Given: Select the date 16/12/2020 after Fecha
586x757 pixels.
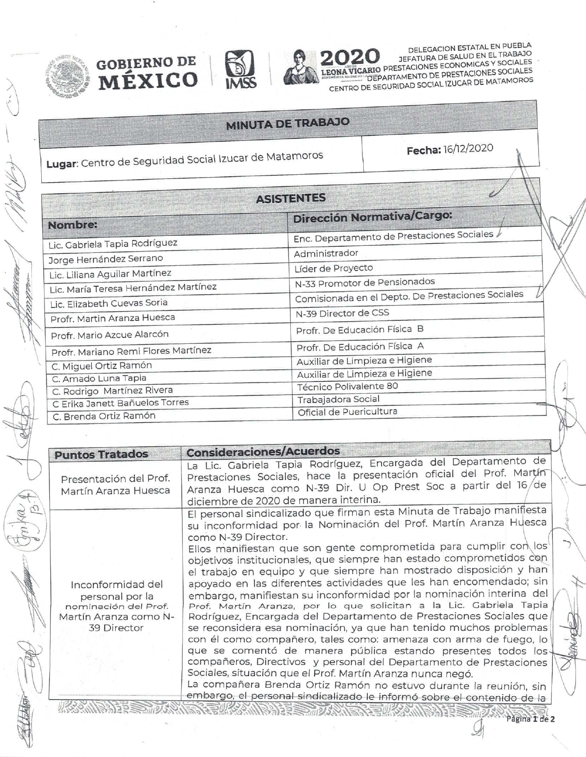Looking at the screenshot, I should point(468,149).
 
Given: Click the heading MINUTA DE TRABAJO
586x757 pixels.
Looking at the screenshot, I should point(288,124).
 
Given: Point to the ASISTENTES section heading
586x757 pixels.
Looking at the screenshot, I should point(290,198).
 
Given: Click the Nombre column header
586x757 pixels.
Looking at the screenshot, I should point(72,225).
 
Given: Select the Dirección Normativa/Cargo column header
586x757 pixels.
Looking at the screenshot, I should point(372,217).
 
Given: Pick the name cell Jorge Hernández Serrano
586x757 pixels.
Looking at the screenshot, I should point(106,259).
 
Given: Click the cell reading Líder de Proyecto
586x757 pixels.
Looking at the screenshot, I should point(334,268).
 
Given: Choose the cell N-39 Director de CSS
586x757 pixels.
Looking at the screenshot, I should point(342,313).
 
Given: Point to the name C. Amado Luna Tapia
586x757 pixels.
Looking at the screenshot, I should point(99,378).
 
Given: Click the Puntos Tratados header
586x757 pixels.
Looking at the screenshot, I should point(101,454).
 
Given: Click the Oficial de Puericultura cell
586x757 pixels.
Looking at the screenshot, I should point(347,412).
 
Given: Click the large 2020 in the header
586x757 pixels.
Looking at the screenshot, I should point(351,57).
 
